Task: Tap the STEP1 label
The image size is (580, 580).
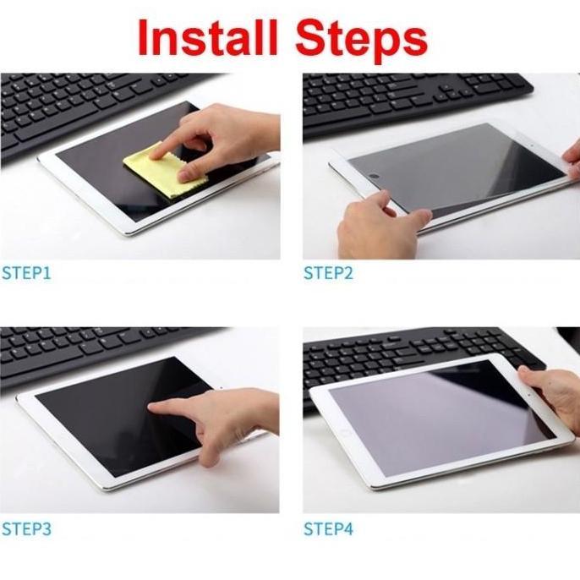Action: click(26, 273)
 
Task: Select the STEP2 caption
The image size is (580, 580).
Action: click(329, 273)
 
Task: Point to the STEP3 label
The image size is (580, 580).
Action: click(26, 530)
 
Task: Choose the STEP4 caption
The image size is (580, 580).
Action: click(329, 530)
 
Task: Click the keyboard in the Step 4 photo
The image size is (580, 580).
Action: click(406, 351)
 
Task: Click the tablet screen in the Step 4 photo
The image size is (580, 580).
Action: click(431, 414)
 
